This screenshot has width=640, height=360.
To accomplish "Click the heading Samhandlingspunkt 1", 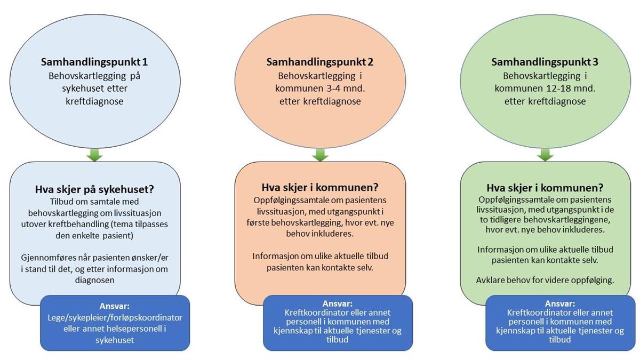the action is click(x=94, y=62).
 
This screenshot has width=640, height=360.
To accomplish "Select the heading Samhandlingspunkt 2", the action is click(x=319, y=62).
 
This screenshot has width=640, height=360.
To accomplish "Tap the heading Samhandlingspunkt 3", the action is click(x=545, y=62).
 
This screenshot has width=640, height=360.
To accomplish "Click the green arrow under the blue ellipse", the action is click(x=94, y=155).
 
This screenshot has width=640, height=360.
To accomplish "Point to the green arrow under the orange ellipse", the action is click(x=320, y=155).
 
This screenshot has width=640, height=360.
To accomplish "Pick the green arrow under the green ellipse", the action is click(x=545, y=155).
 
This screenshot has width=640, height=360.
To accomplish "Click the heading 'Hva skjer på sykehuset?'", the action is click(x=94, y=189).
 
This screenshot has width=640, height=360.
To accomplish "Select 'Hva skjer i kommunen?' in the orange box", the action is click(x=320, y=187).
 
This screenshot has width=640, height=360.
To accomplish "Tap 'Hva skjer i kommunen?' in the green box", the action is click(x=545, y=188).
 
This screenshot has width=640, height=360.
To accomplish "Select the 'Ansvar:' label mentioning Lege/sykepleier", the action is click(x=115, y=306).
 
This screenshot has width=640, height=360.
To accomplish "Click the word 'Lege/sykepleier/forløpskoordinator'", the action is click(x=115, y=318).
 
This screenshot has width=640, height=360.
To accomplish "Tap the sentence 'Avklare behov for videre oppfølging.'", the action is click(x=545, y=281).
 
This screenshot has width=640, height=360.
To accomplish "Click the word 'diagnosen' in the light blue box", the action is click(x=94, y=280).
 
